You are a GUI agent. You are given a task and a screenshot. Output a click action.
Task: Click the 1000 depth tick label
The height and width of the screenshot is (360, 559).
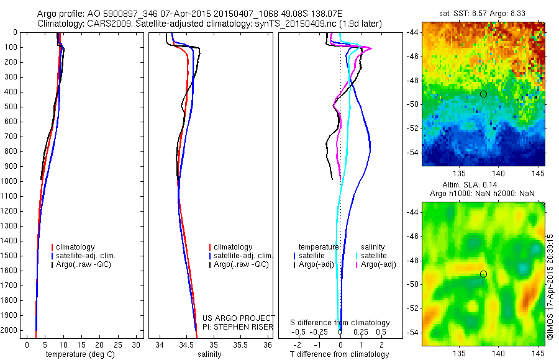(10, 181)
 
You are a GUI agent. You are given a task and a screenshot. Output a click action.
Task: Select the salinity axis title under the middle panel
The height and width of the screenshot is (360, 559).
(209, 354)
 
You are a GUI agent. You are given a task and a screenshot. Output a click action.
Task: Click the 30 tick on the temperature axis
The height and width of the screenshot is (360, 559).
(137, 344)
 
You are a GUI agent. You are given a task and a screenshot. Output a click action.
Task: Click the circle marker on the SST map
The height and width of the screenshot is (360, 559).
(483, 94)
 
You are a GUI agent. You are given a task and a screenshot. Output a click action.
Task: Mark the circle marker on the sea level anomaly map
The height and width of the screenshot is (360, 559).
(483, 274)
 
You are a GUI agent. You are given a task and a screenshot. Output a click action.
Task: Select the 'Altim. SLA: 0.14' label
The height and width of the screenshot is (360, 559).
(483, 186)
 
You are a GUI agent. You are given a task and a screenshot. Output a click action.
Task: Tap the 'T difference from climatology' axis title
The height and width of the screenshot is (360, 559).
(339, 354)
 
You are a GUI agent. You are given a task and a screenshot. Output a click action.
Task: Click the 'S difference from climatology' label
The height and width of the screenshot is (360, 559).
(340, 323)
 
